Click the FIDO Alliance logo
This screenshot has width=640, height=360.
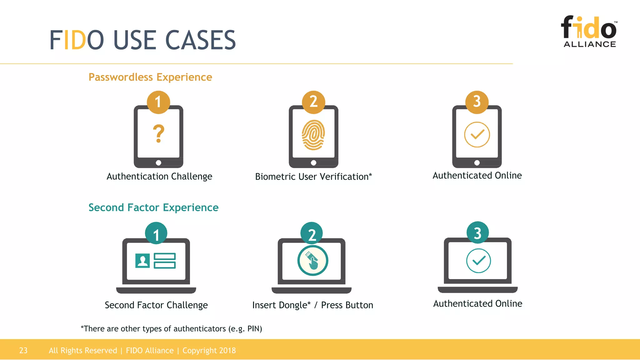click(589, 31)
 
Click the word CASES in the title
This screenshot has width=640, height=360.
click(200, 40)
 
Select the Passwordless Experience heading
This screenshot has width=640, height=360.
click(150, 77)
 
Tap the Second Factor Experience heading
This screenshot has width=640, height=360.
click(153, 207)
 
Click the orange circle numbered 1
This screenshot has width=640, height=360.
click(158, 102)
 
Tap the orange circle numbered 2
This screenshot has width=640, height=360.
click(313, 102)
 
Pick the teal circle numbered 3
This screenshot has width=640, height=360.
click(477, 233)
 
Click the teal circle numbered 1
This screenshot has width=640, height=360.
click(156, 234)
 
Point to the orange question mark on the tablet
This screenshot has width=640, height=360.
click(158, 134)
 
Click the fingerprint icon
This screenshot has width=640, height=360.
click(313, 135)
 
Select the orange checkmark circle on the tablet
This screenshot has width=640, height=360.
click(477, 135)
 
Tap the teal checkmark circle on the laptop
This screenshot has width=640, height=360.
click(478, 261)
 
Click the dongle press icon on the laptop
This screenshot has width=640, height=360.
click(312, 261)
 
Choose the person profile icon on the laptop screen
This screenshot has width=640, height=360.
click(142, 261)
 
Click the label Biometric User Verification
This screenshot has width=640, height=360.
click(313, 177)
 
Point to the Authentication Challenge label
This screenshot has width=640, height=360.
click(159, 177)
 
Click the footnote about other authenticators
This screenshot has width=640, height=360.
click(171, 329)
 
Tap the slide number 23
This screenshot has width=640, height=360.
click(23, 351)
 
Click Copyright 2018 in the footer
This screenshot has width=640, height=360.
click(209, 351)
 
